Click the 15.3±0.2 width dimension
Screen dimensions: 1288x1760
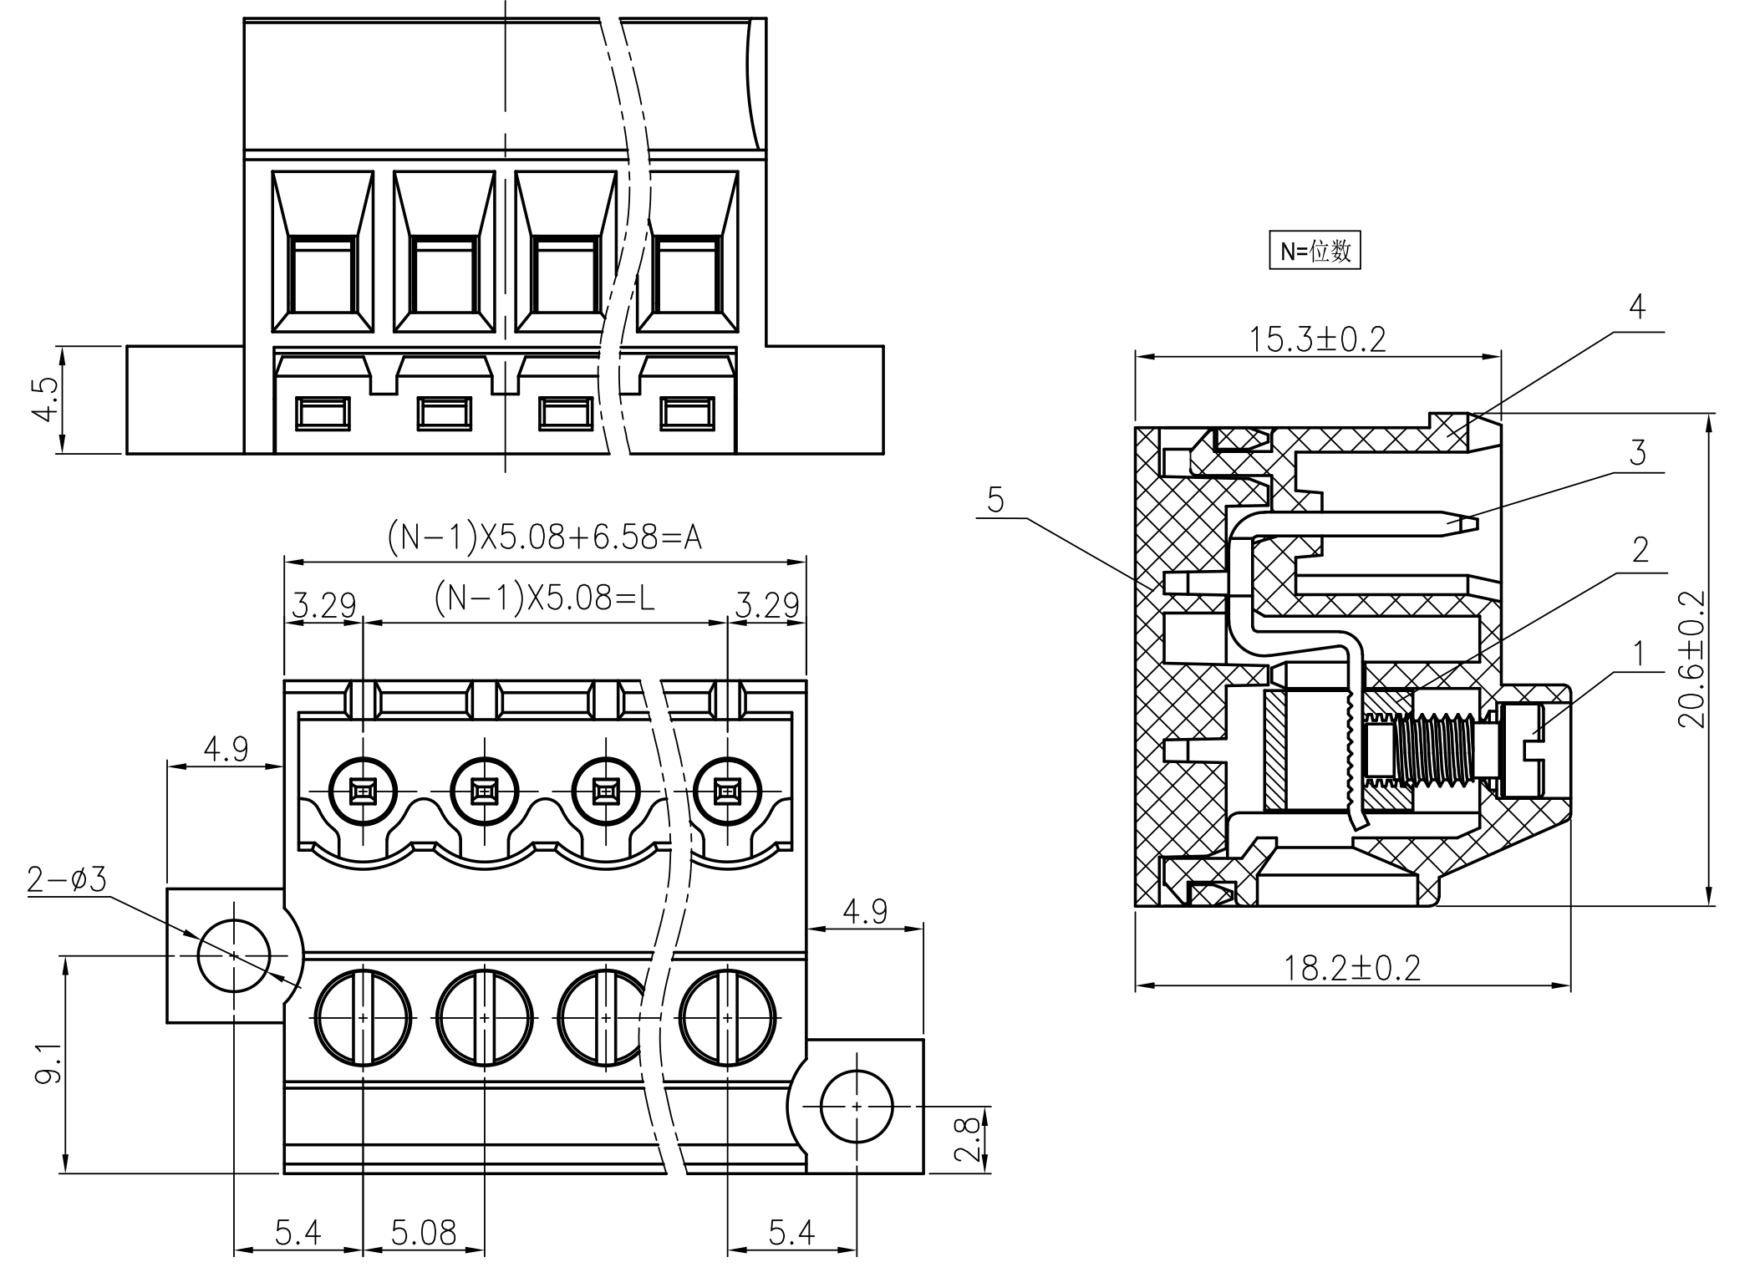[1317, 339]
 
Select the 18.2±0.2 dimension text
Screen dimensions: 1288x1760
[1351, 968]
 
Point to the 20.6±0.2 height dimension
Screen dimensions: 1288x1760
[1692, 660]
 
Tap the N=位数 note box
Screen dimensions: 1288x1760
[1315, 251]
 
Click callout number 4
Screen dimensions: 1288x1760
[1637, 307]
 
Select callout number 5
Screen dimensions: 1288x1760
[995, 500]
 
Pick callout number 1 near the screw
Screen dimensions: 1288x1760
[1639, 653]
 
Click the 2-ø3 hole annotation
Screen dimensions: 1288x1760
[67, 879]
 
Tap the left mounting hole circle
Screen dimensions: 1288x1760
[234, 955]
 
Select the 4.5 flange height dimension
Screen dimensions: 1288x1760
[47, 400]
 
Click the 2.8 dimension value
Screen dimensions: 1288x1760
[968, 1140]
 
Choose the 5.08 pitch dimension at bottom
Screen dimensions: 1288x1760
[424, 1233]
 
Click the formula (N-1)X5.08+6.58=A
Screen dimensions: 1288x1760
[544, 537]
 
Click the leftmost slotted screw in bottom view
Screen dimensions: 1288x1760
[363, 1017]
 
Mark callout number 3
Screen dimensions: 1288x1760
[1637, 453]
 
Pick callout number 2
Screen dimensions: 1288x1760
[1640, 550]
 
